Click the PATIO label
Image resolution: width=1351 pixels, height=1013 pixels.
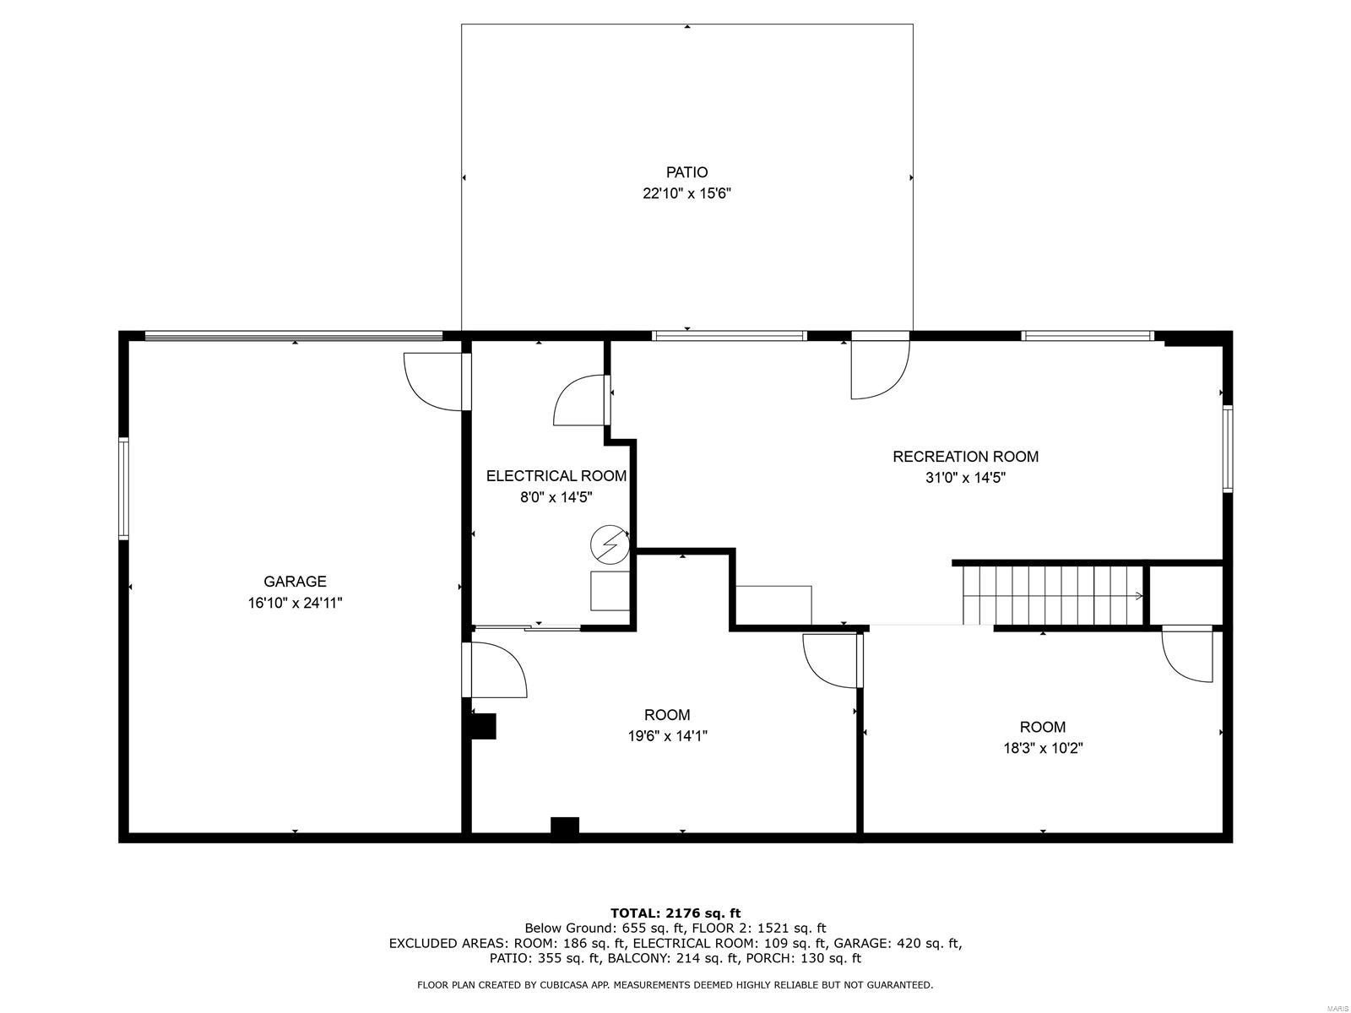(x=686, y=172)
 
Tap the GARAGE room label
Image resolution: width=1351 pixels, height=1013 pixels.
(x=295, y=581)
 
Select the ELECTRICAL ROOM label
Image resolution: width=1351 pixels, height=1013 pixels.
(x=556, y=476)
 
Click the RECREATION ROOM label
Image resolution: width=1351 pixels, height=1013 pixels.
(x=965, y=457)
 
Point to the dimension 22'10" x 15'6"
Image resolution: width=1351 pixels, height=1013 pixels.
(x=686, y=193)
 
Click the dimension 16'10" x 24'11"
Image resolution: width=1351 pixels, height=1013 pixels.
(x=295, y=603)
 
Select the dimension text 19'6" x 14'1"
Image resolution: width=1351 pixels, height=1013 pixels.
(x=666, y=736)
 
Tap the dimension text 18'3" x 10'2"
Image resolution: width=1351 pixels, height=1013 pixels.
(x=1042, y=748)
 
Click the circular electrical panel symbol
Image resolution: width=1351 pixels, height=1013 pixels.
(x=610, y=544)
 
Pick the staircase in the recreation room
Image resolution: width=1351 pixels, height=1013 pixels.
(x=1051, y=595)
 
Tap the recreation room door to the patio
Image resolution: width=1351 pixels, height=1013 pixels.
(x=879, y=367)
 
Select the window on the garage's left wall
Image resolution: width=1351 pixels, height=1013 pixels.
(x=123, y=488)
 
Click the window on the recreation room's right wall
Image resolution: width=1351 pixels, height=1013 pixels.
(x=1228, y=448)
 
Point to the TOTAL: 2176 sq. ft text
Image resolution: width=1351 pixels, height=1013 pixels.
(x=675, y=913)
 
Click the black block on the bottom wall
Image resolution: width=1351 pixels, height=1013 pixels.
(x=565, y=827)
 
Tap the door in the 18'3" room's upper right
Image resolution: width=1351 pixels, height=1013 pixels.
(x=1189, y=654)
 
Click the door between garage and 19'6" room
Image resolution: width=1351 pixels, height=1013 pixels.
(x=496, y=669)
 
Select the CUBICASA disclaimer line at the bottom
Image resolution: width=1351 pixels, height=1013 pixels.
(x=675, y=985)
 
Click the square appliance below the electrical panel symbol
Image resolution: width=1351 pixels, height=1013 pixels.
(x=610, y=590)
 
